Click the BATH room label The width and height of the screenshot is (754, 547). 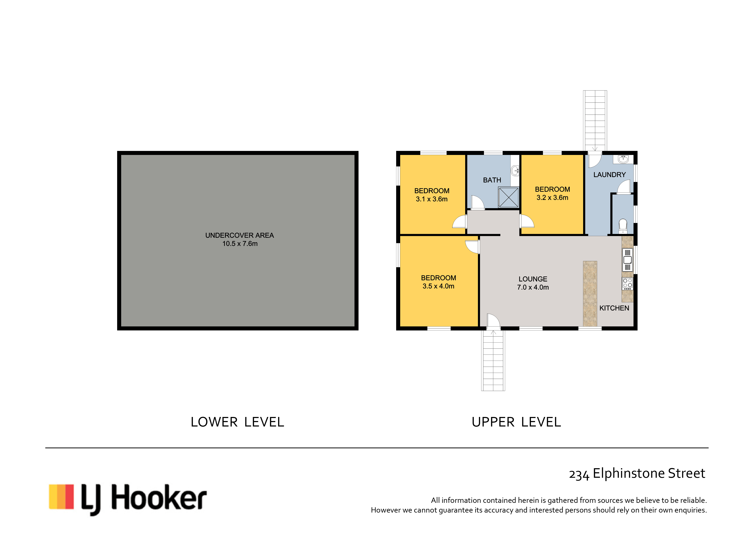click(x=492, y=180)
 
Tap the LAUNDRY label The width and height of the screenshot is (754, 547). click(x=609, y=175)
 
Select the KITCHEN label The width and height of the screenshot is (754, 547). click(x=614, y=308)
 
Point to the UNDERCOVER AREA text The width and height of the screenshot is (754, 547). click(x=239, y=235)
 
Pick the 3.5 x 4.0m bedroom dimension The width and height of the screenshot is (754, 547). click(x=438, y=286)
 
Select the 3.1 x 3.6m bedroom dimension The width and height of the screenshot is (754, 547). click(x=432, y=199)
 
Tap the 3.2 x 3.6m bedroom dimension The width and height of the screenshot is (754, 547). click(x=552, y=198)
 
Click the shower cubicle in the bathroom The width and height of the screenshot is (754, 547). click(x=508, y=197)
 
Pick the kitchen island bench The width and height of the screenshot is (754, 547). click(x=590, y=293)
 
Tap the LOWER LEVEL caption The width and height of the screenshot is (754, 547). click(x=237, y=422)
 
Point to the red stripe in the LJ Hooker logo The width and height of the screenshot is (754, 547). click(x=69, y=497)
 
